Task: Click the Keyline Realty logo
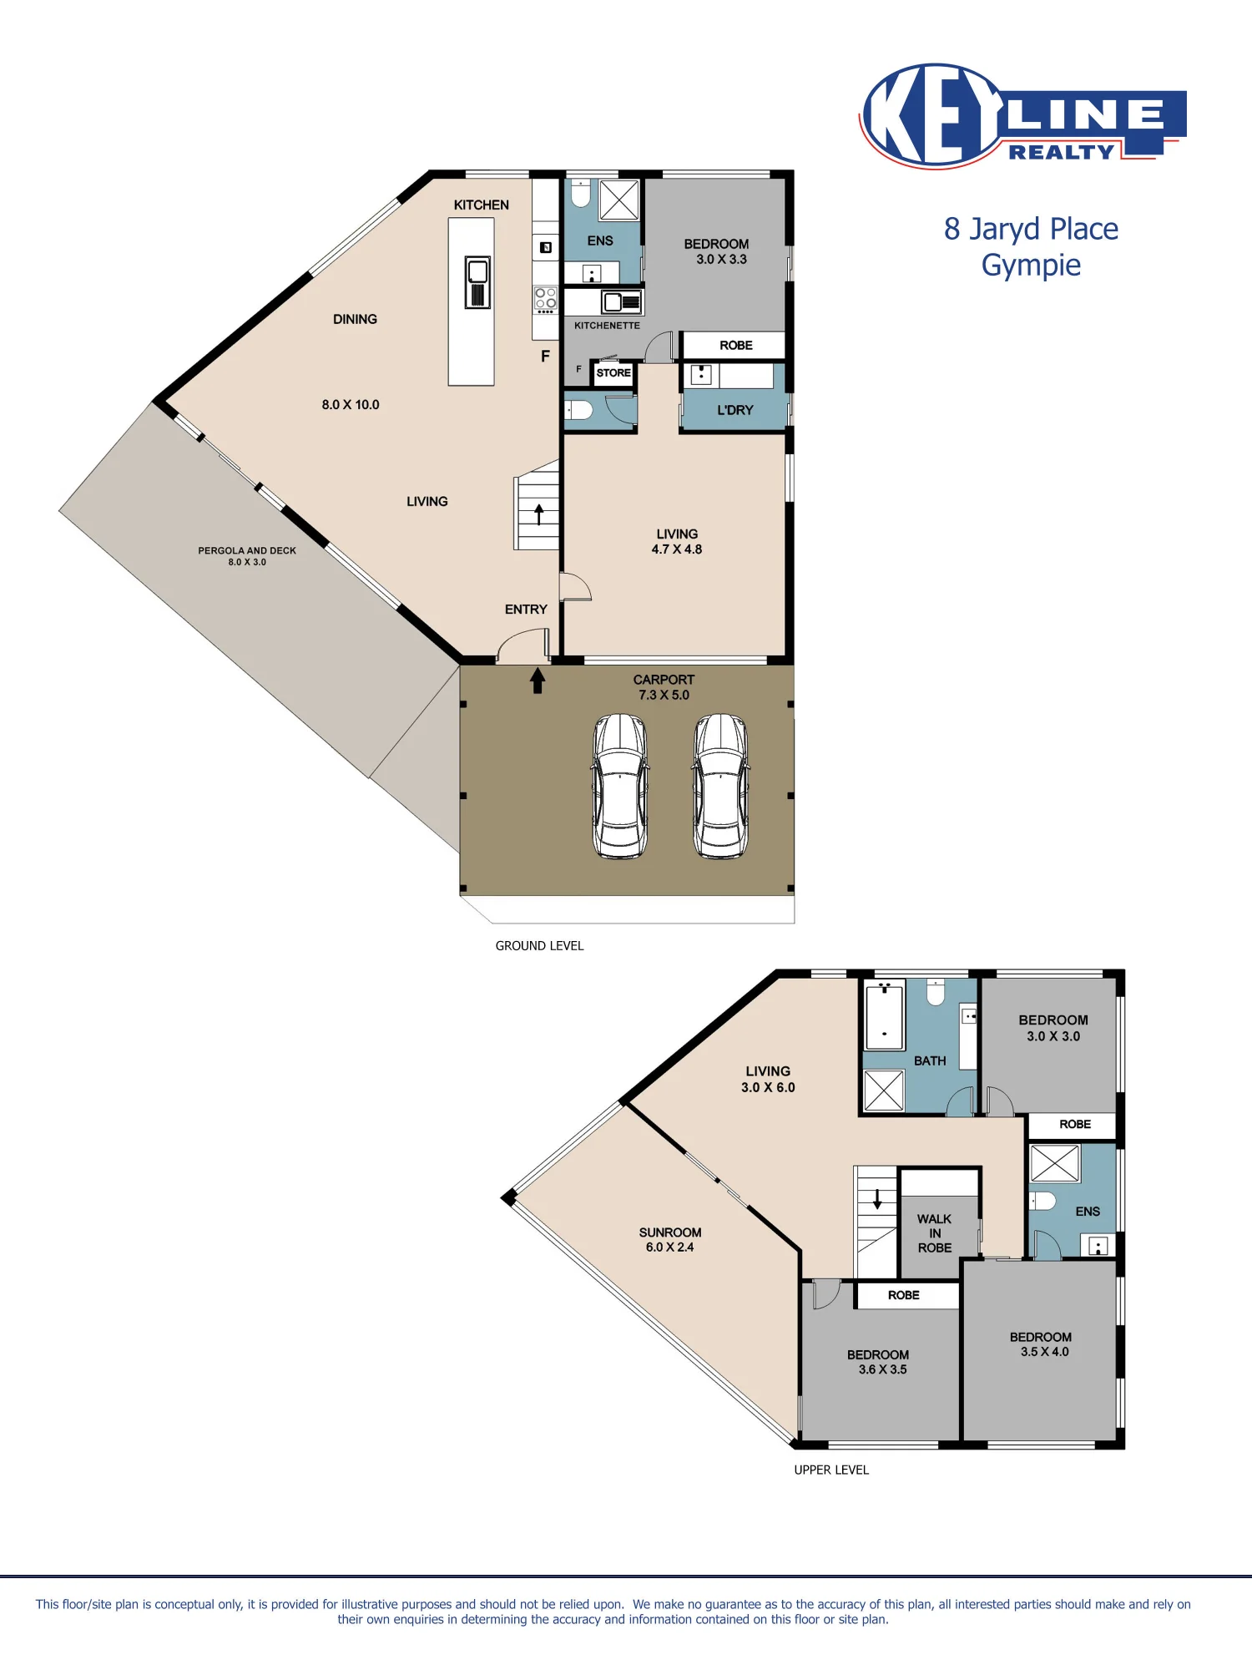(x=1022, y=116)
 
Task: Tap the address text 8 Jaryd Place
(x=1031, y=230)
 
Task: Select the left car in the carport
(x=620, y=786)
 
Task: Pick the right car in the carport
(x=721, y=786)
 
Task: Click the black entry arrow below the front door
(x=538, y=681)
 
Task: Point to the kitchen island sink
(x=477, y=282)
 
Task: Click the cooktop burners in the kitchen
(x=545, y=299)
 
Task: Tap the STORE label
(x=613, y=373)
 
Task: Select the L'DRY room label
(x=735, y=410)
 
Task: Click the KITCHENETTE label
(x=607, y=326)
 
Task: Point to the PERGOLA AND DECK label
(x=247, y=550)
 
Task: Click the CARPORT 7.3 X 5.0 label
(x=664, y=687)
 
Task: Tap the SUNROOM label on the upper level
(x=670, y=1232)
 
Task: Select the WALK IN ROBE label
(x=935, y=1233)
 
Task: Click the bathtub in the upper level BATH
(x=884, y=1016)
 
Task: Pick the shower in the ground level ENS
(x=619, y=200)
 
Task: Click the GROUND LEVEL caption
(x=539, y=946)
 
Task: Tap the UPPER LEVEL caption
(x=831, y=1470)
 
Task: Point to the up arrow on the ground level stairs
(x=539, y=514)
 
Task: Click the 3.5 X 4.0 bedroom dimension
(x=1044, y=1352)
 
